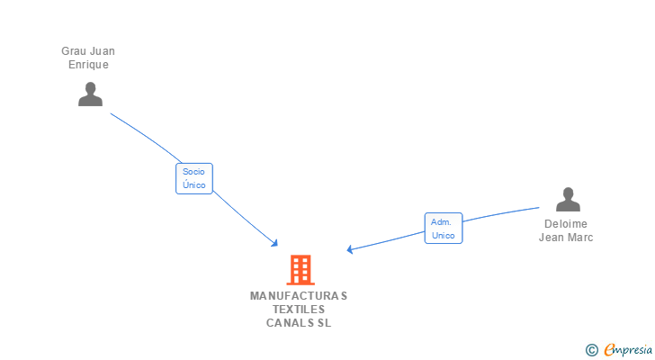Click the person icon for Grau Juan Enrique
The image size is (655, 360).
(90, 94)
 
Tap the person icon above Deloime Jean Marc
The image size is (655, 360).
(568, 199)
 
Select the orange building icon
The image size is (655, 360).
(301, 269)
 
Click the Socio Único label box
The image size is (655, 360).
(193, 178)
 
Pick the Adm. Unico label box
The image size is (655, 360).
(443, 229)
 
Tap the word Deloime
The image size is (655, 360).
(566, 224)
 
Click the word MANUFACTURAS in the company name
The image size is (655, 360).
(299, 295)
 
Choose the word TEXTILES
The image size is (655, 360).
(299, 309)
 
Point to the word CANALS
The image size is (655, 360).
(286, 322)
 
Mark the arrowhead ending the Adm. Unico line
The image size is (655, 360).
(350, 250)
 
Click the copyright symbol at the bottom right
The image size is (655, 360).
(591, 350)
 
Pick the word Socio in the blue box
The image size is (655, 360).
(193, 171)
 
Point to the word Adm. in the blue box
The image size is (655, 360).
(441, 221)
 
